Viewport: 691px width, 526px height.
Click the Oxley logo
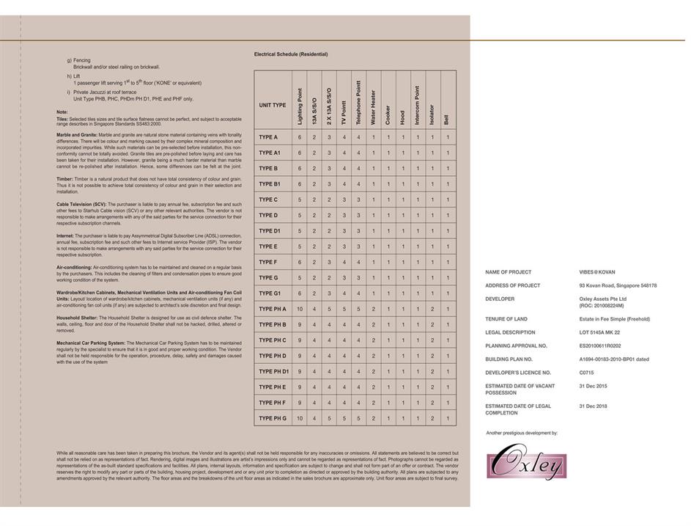(526, 461)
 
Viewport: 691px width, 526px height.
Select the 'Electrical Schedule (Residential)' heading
(291, 54)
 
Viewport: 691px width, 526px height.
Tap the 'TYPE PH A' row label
(272, 309)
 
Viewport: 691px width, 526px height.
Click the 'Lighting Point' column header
(300, 106)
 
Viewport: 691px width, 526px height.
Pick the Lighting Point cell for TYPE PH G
(300, 418)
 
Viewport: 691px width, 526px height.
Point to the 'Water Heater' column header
(374, 107)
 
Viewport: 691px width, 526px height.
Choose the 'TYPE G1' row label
(270, 293)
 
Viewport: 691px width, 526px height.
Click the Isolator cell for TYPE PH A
(432, 309)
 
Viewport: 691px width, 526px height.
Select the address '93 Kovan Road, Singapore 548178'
(618, 285)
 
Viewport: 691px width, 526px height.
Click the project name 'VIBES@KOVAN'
(597, 272)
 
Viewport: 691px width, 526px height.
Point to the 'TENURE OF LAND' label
(506, 319)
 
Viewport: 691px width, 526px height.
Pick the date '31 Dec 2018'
(593, 406)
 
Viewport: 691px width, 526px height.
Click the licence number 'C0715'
(588, 373)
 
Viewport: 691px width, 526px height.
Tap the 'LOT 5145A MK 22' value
(599, 332)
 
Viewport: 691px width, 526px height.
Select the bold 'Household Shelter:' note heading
(77, 318)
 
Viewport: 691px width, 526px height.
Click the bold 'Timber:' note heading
(64, 179)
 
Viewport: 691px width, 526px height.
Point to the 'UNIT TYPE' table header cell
(272, 105)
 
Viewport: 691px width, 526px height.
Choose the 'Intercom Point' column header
(418, 105)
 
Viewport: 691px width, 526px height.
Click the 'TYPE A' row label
(268, 137)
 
